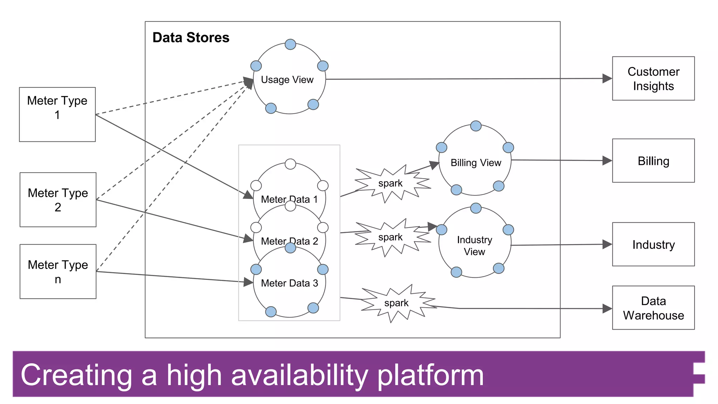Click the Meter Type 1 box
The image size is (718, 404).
point(57,114)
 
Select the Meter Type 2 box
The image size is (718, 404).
point(58,200)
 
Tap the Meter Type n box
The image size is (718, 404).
point(58,271)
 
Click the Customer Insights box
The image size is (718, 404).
point(653,79)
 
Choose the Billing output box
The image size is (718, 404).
point(653,161)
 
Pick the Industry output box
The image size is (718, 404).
point(653,244)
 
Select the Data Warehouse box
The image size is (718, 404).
point(653,308)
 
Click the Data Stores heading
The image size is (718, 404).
point(191,38)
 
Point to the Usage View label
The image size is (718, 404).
point(287,80)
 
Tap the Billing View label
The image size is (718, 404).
point(476,163)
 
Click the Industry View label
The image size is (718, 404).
point(474,245)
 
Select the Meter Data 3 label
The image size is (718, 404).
point(289,283)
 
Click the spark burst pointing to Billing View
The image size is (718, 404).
point(391,183)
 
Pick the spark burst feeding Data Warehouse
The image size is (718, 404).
point(397,303)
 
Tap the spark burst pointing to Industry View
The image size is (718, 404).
point(391,237)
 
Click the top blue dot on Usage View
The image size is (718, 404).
point(290,45)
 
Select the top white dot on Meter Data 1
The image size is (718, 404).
point(290,164)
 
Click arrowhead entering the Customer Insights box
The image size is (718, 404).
point(607,79)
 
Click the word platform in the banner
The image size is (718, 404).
point(431,375)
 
